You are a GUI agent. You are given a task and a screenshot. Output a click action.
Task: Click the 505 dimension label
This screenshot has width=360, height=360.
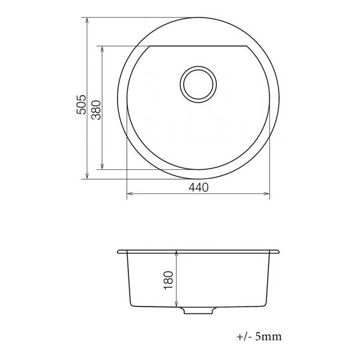point(81,104)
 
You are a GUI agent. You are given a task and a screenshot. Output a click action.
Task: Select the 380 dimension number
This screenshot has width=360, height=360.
point(96,110)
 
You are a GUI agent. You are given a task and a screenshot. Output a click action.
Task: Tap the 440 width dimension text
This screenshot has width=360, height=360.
point(199,187)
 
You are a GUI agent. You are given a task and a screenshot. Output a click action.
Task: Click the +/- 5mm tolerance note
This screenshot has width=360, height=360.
point(259,337)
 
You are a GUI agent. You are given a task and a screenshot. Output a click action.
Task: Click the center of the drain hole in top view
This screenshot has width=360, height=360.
point(198,85)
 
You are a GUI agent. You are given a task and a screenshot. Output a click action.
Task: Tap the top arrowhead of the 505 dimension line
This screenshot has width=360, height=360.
point(87,20)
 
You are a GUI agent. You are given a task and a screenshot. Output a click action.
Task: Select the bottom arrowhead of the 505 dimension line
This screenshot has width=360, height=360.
point(87,176)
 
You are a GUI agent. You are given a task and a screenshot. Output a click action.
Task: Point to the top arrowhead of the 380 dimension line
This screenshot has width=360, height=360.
point(102,49)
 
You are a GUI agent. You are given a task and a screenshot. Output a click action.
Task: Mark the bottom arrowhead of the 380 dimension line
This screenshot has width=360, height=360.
point(102,166)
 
